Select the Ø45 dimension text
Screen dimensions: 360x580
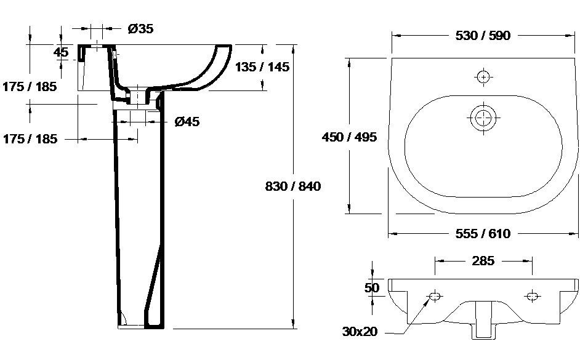[187, 122]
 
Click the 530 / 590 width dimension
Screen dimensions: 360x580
[483, 36]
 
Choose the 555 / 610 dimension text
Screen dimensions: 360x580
[483, 233]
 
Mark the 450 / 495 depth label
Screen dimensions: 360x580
[349, 137]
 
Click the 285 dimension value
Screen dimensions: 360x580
[483, 261]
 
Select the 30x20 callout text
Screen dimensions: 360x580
[360, 332]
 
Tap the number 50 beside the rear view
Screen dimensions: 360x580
[371, 288]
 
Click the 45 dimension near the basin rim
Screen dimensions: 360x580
[61, 52]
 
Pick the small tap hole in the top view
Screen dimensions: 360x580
[483, 76]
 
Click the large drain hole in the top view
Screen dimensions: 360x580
[483, 117]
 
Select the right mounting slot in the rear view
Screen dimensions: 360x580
[533, 297]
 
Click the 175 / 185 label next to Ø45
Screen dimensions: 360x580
[30, 139]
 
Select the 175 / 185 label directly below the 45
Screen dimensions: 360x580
[30, 87]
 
